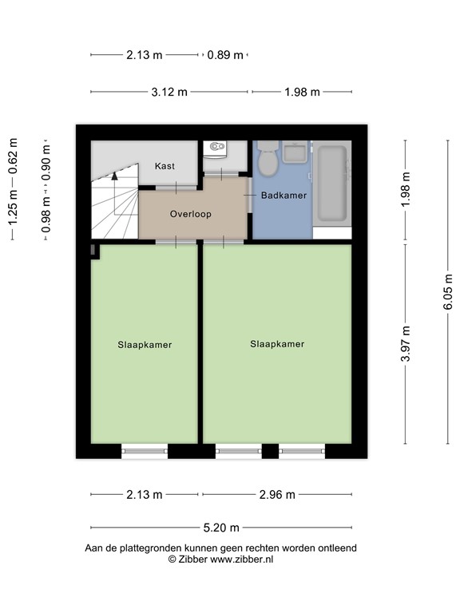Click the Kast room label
pyautogui.click(x=165, y=166)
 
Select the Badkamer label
pyautogui.click(x=284, y=195)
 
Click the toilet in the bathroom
pyautogui.click(x=268, y=158)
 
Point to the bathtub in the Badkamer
pyautogui.click(x=331, y=183)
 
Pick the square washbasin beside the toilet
pyautogui.click(x=295, y=151)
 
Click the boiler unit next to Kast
pyautogui.click(x=214, y=148)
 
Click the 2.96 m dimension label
pyautogui.click(x=277, y=495)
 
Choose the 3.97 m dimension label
pyautogui.click(x=406, y=344)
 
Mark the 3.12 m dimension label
pyautogui.click(x=169, y=92)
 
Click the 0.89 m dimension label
pyautogui.click(x=224, y=55)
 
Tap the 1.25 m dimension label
pyautogui.click(x=12, y=217)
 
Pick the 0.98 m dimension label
pyautogui.click(x=46, y=215)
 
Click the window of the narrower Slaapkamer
pyautogui.click(x=144, y=452)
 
